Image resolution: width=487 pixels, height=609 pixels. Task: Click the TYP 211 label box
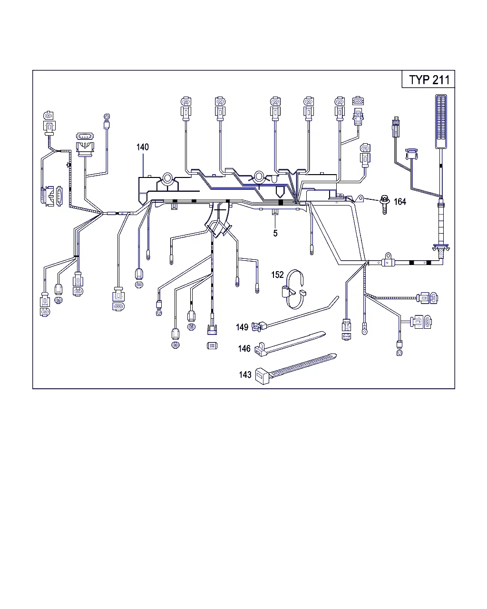428,79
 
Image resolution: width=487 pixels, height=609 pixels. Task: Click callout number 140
142,147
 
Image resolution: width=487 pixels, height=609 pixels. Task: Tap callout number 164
400,201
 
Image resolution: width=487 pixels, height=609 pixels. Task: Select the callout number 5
275,233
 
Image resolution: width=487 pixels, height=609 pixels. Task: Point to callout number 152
277,275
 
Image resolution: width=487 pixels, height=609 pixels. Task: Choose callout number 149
242,327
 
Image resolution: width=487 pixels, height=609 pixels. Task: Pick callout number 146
244,348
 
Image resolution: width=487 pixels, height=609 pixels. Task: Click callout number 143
245,375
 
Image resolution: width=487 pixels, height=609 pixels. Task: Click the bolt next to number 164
384,204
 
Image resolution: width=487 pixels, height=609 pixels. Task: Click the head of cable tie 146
261,350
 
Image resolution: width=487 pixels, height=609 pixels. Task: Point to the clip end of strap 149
259,326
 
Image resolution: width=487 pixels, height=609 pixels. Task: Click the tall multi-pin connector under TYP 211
441,121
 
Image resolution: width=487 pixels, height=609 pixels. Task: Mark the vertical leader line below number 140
143,165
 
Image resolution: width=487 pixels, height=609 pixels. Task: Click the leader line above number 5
275,222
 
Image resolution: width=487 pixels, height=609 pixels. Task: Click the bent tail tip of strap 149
338,297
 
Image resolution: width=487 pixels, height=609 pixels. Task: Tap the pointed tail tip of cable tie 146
325,334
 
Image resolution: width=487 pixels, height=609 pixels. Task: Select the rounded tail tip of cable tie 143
335,356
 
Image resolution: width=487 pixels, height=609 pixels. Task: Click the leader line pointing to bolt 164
371,199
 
